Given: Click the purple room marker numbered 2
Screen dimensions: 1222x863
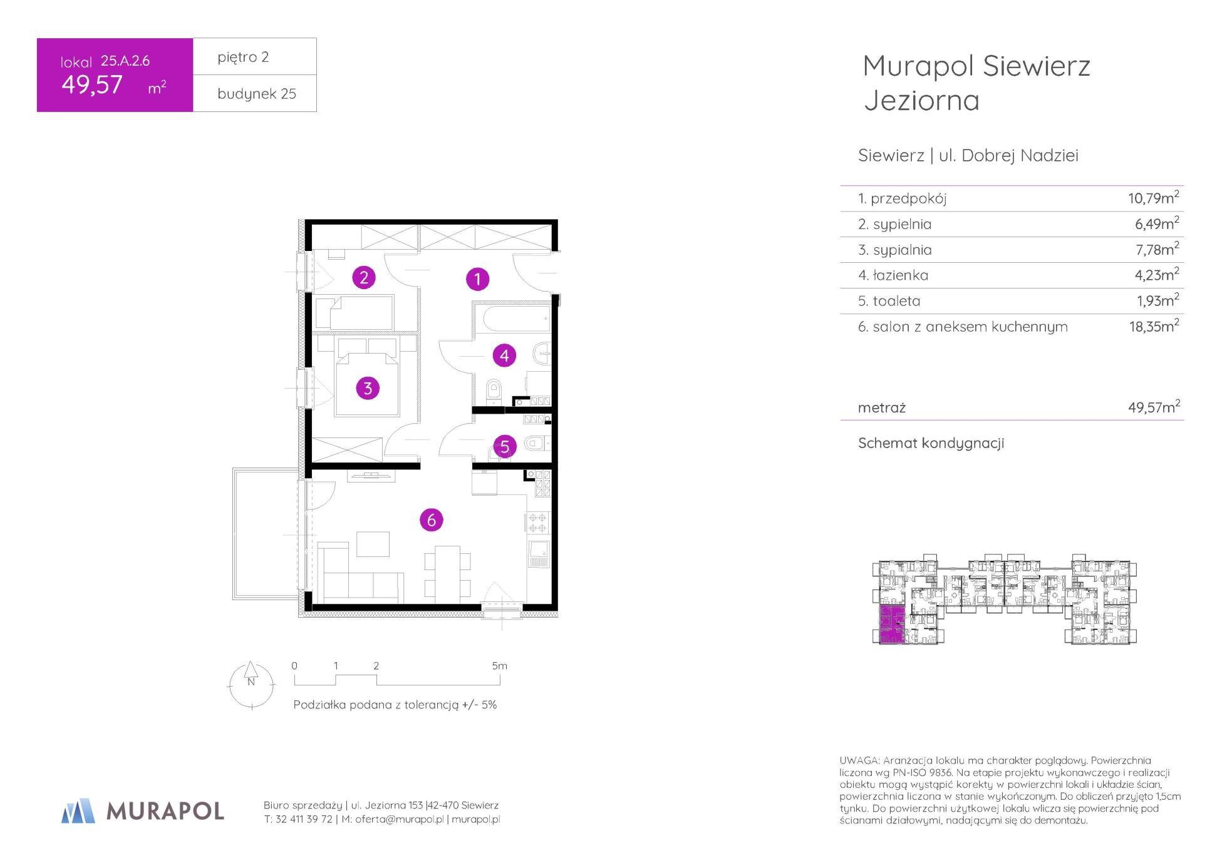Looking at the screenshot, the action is pyautogui.click(x=364, y=277).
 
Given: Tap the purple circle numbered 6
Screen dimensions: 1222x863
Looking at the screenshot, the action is pyautogui.click(x=431, y=519).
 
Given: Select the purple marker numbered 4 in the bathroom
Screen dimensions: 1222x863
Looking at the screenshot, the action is pyautogui.click(x=504, y=355).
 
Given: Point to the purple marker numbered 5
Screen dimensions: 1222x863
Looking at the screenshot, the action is pyautogui.click(x=504, y=446).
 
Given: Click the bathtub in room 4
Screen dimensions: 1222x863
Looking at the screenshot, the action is pyautogui.click(x=516, y=319).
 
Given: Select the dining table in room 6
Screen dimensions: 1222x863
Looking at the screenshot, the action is pyautogui.click(x=447, y=571).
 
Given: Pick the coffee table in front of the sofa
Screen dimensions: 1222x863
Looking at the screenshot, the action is pyautogui.click(x=373, y=544).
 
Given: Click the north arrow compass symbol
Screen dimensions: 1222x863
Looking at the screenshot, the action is pyautogui.click(x=251, y=685).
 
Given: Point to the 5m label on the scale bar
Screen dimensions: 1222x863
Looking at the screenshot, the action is pyautogui.click(x=499, y=666).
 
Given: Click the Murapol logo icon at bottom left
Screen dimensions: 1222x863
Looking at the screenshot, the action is pyautogui.click(x=78, y=810).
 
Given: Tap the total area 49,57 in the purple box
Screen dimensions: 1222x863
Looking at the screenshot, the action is pyautogui.click(x=92, y=85).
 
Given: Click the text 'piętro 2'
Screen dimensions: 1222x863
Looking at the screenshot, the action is pyautogui.click(x=243, y=57).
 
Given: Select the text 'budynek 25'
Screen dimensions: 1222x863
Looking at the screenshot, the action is pyautogui.click(x=257, y=94).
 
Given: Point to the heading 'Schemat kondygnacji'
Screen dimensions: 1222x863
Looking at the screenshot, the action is pyautogui.click(x=931, y=443).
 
